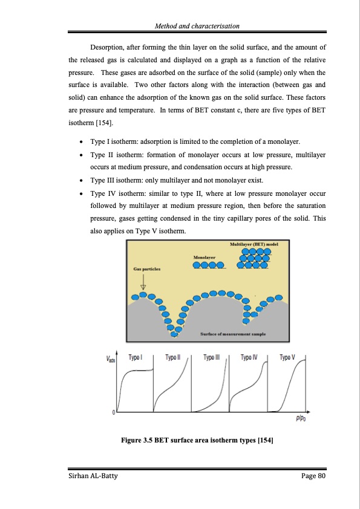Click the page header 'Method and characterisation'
(198, 26)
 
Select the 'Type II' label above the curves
(173, 357)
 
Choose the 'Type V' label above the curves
(287, 357)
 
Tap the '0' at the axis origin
(114, 412)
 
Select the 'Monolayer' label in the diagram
(205, 258)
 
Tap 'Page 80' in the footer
(313, 478)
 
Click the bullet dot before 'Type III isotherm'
(82, 180)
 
